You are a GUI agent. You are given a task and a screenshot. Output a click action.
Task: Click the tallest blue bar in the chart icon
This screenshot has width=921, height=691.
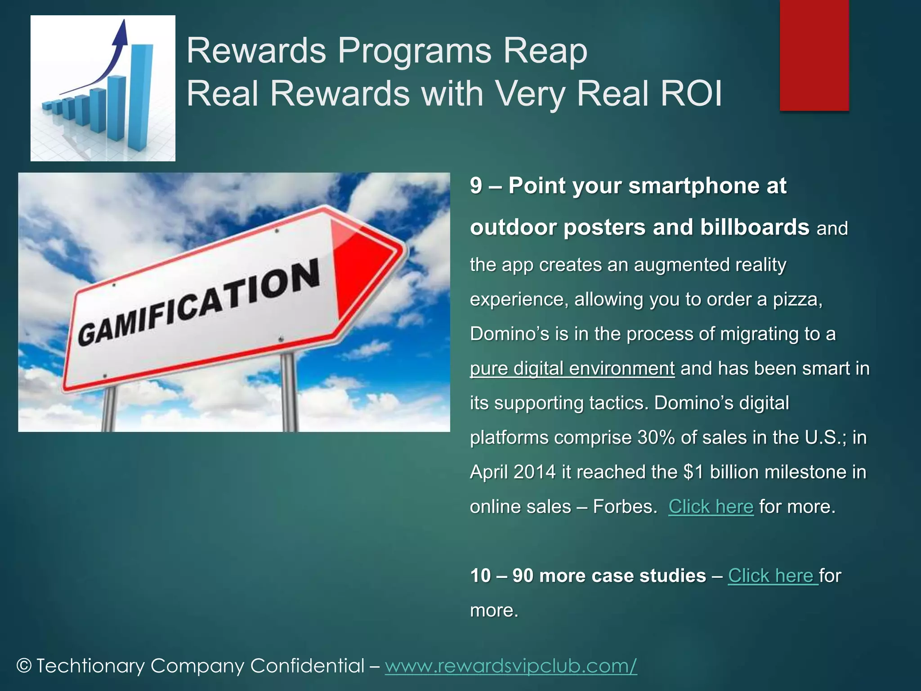pyautogui.click(x=140, y=97)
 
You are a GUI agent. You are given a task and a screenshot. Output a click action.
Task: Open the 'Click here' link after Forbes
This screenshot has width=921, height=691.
pyautogui.click(x=711, y=507)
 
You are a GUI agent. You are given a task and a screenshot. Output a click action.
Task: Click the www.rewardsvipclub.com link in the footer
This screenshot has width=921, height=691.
pyautogui.click(x=511, y=666)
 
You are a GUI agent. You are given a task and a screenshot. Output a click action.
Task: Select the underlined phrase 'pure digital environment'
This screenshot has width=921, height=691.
pyautogui.click(x=572, y=368)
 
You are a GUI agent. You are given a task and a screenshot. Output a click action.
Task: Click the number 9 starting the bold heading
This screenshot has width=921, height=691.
pyautogui.click(x=476, y=186)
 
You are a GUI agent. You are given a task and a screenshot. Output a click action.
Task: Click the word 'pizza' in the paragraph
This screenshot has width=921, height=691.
pyautogui.click(x=797, y=300)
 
